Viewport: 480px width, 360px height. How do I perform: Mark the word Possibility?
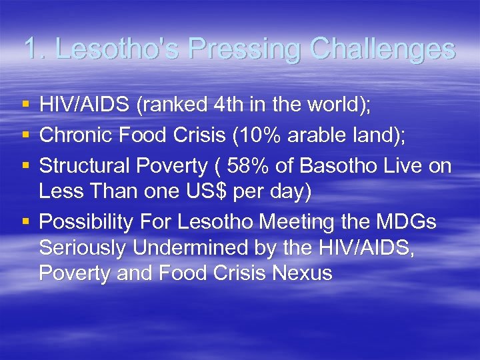coord(86,222)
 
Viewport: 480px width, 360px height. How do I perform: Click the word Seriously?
coord(83,248)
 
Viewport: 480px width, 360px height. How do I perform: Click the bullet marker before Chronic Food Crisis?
coord(26,135)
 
